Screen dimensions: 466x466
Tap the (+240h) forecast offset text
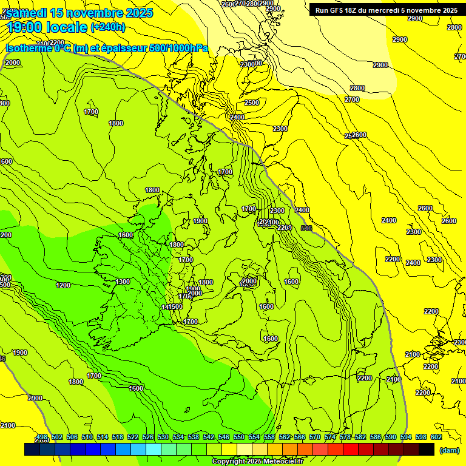tap(107, 27)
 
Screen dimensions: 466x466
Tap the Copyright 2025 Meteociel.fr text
tap(257, 462)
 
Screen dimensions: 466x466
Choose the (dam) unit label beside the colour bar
tap(449, 450)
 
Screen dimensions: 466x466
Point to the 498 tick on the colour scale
tap(42, 437)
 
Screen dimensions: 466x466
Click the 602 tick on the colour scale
tap(436, 437)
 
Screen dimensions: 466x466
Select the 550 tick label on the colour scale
tap(239, 437)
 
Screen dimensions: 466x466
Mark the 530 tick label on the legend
tap(163, 437)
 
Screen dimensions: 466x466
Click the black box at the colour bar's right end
tap(427, 449)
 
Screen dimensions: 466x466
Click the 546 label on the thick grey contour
tap(306, 229)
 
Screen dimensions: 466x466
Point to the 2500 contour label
tap(251, 103)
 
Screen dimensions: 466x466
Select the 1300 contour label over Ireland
tap(123, 282)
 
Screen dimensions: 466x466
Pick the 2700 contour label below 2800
tap(352, 100)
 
